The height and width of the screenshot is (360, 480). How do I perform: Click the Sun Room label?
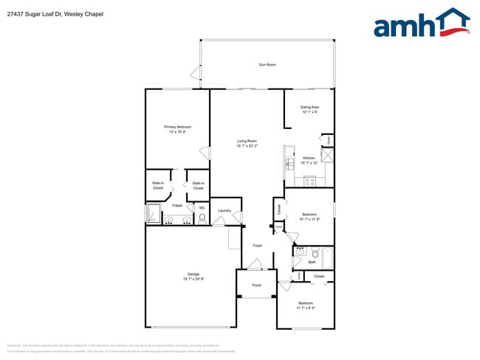267,65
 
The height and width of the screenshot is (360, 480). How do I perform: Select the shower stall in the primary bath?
152,214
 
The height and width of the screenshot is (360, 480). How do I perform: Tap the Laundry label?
224,211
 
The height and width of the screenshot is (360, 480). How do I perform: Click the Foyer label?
257,245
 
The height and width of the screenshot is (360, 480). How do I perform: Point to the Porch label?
257,285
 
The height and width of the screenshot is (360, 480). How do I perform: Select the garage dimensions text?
193,279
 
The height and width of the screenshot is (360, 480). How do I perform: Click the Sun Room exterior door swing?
196,73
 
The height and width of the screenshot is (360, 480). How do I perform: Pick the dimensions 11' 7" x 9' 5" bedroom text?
306,308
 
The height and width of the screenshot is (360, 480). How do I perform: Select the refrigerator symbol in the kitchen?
326,155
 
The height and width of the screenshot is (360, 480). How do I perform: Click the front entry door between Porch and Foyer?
257,270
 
